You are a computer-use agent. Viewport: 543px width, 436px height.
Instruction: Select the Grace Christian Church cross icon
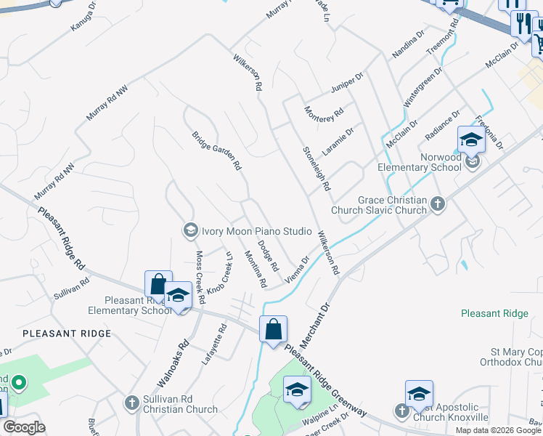point(437,204)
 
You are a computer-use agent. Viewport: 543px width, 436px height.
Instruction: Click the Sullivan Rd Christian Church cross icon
point(131,402)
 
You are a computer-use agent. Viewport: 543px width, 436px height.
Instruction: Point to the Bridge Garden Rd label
point(216,150)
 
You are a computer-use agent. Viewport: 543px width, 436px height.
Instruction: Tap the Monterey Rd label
point(324,113)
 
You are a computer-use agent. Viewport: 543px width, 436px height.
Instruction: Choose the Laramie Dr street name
point(338,141)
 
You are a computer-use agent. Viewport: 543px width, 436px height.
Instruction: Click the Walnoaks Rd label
point(173,363)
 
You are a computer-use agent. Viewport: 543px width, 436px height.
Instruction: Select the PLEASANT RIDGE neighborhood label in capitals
point(67,333)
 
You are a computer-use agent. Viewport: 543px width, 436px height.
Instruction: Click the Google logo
point(24,427)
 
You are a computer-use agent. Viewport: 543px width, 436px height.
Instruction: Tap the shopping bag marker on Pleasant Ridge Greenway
point(274,330)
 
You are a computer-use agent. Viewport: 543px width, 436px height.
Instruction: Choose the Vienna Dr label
point(298,269)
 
